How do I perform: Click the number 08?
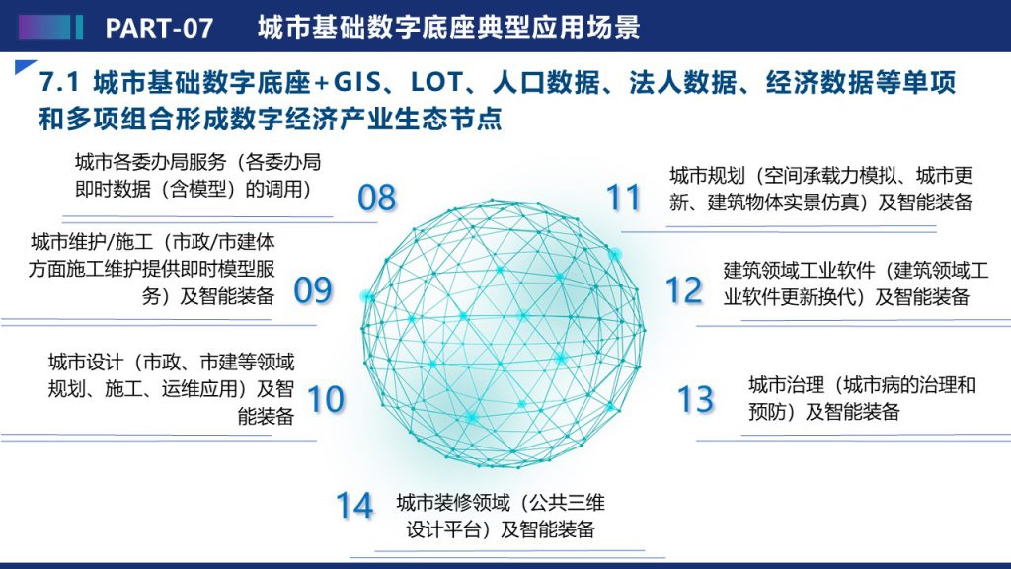376,198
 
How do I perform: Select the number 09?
313,290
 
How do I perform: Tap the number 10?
326,399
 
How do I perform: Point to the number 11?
624,198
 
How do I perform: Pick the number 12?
684,290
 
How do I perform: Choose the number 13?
696,399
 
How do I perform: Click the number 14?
354,505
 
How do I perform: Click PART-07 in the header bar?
159,28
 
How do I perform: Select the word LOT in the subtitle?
436,83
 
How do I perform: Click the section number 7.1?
59,83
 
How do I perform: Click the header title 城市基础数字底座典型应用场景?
449,27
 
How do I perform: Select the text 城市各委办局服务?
150,162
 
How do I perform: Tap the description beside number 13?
862,399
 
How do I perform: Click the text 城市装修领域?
452,502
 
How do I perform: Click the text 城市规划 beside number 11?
707,176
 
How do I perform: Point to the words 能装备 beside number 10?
266,416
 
